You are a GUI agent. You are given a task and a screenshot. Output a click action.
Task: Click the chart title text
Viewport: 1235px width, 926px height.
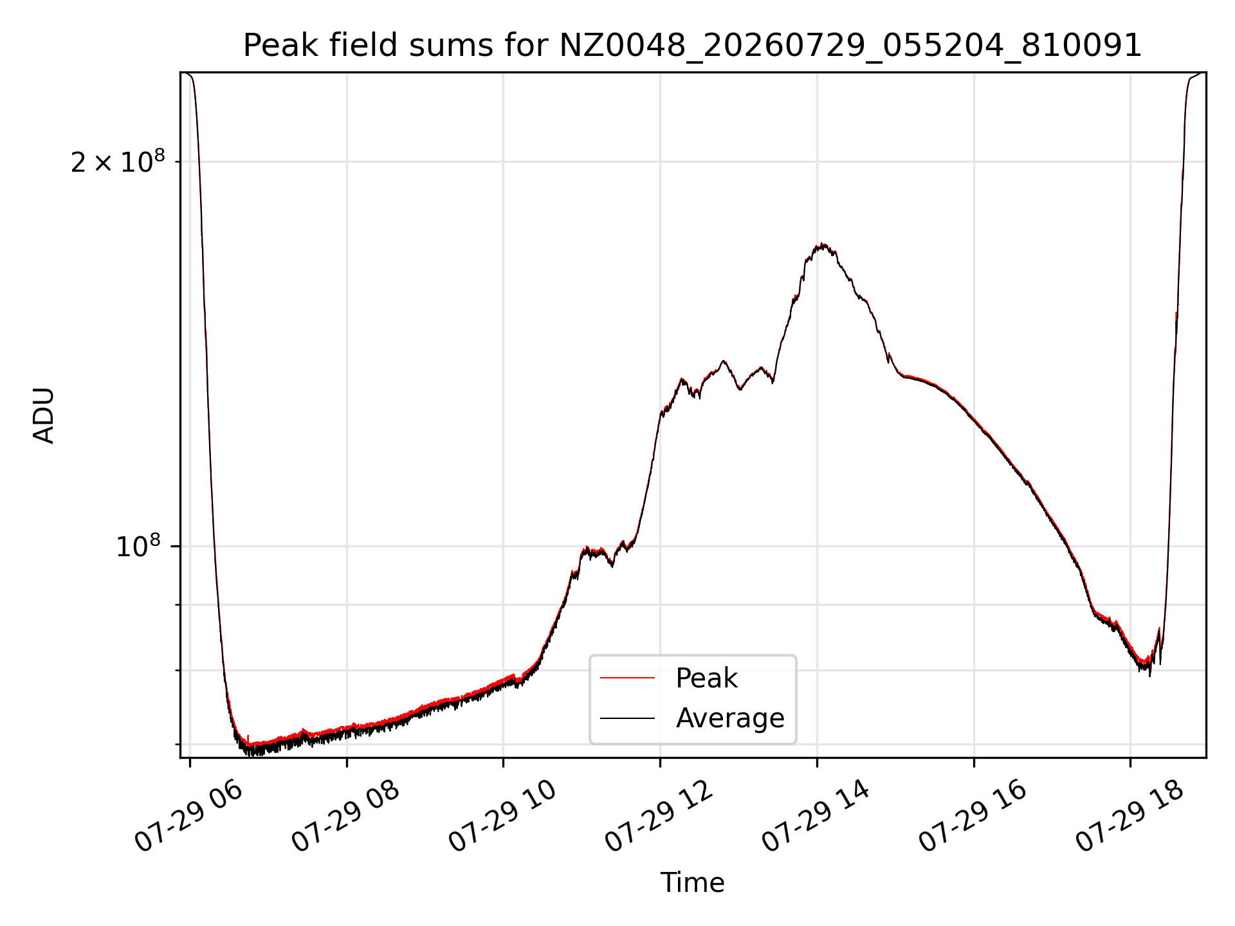point(692,46)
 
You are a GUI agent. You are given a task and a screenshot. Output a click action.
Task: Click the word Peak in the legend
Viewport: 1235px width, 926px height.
point(706,678)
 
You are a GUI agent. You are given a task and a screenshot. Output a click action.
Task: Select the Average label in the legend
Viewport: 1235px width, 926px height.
point(730,718)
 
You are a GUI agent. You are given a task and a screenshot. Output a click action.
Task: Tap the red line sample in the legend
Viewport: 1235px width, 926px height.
point(627,678)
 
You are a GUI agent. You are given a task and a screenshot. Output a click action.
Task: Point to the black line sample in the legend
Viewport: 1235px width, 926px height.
point(627,718)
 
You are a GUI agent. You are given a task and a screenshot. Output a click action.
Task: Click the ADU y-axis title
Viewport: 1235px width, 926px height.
point(44,415)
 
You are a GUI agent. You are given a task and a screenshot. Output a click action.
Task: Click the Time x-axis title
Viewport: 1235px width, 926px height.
point(692,883)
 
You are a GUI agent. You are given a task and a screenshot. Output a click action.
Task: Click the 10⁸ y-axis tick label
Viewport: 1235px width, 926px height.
point(138,547)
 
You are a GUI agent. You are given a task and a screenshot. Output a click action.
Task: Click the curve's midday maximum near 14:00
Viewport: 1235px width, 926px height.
point(822,245)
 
